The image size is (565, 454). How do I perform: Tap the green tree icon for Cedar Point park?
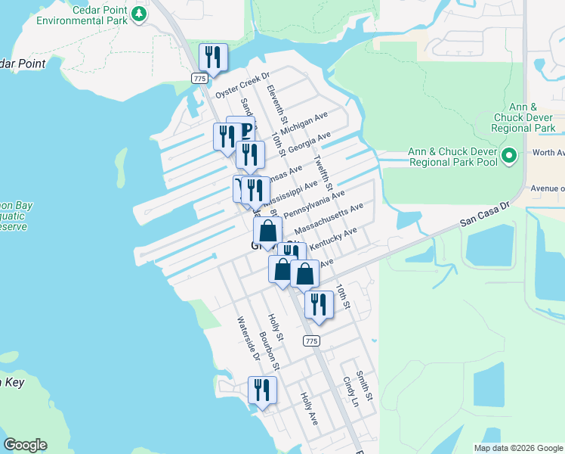[x=138, y=14]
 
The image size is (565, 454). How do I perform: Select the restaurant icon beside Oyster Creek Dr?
[x=213, y=58]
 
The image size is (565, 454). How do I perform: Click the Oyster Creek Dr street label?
[x=242, y=86]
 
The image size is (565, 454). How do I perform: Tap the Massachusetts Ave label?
[x=329, y=218]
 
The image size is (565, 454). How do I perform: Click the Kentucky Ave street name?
[x=332, y=240]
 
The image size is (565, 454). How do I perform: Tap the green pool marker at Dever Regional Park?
[x=510, y=157]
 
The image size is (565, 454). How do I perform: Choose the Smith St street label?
[x=364, y=385]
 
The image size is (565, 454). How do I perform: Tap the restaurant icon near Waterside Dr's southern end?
[x=262, y=390]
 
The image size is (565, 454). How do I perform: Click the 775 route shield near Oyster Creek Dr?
[x=199, y=79]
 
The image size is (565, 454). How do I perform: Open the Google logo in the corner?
[x=25, y=445]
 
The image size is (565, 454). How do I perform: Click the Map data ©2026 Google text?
[x=518, y=448]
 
